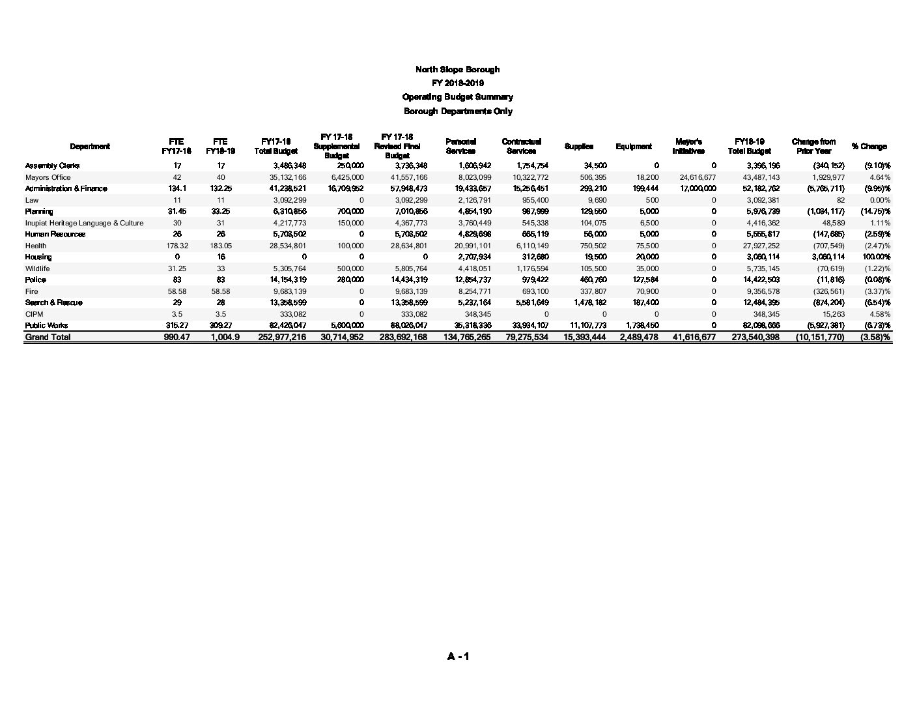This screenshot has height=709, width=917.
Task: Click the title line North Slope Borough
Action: pyautogui.click(x=457, y=69)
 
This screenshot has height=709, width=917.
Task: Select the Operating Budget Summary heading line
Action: pyautogui.click(x=457, y=97)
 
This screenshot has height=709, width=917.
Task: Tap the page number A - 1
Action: pyautogui.click(x=458, y=656)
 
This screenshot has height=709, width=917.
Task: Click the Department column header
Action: pyautogui.click(x=90, y=147)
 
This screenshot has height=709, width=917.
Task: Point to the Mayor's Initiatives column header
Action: pyautogui.click(x=688, y=147)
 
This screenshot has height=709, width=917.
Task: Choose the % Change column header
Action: pyautogui.click(x=869, y=147)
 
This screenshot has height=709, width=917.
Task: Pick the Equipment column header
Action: pyautogui.click(x=634, y=147)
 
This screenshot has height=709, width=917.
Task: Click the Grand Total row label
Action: pyautogui.click(x=48, y=337)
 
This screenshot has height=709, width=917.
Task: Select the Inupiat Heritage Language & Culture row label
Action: pyautogui.click(x=84, y=223)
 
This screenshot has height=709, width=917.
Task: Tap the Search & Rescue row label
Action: pyautogui.click(x=53, y=302)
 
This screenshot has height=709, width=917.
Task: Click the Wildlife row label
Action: pyautogui.click(x=38, y=268)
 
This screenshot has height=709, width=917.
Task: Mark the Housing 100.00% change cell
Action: pyautogui.click(x=876, y=257)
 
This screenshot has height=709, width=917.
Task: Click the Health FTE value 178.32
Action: pyautogui.click(x=177, y=246)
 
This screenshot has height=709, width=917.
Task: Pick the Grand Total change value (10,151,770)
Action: pyautogui.click(x=819, y=337)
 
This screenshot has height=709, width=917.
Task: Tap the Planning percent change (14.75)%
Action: pyautogui.click(x=875, y=211)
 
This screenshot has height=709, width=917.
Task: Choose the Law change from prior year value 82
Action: pyautogui.click(x=840, y=200)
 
